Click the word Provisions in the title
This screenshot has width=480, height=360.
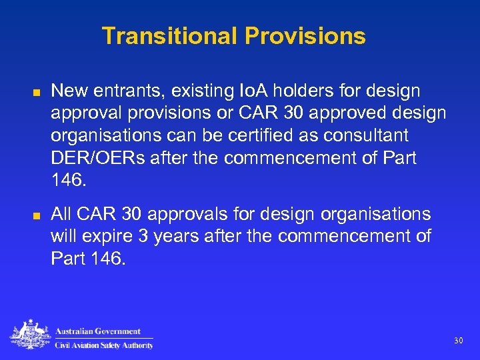305,35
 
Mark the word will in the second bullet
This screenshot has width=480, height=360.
63,237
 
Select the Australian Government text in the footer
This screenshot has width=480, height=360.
98,331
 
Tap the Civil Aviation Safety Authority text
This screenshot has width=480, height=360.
103,345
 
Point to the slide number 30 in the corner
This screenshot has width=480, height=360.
458,341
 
